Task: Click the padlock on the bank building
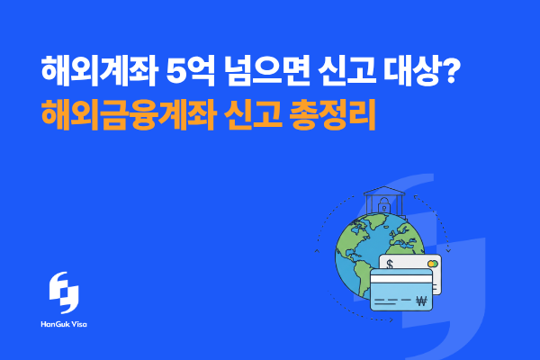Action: (383, 208)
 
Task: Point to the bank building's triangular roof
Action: (383, 192)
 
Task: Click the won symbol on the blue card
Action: (420, 301)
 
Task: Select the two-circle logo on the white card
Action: (434, 264)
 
